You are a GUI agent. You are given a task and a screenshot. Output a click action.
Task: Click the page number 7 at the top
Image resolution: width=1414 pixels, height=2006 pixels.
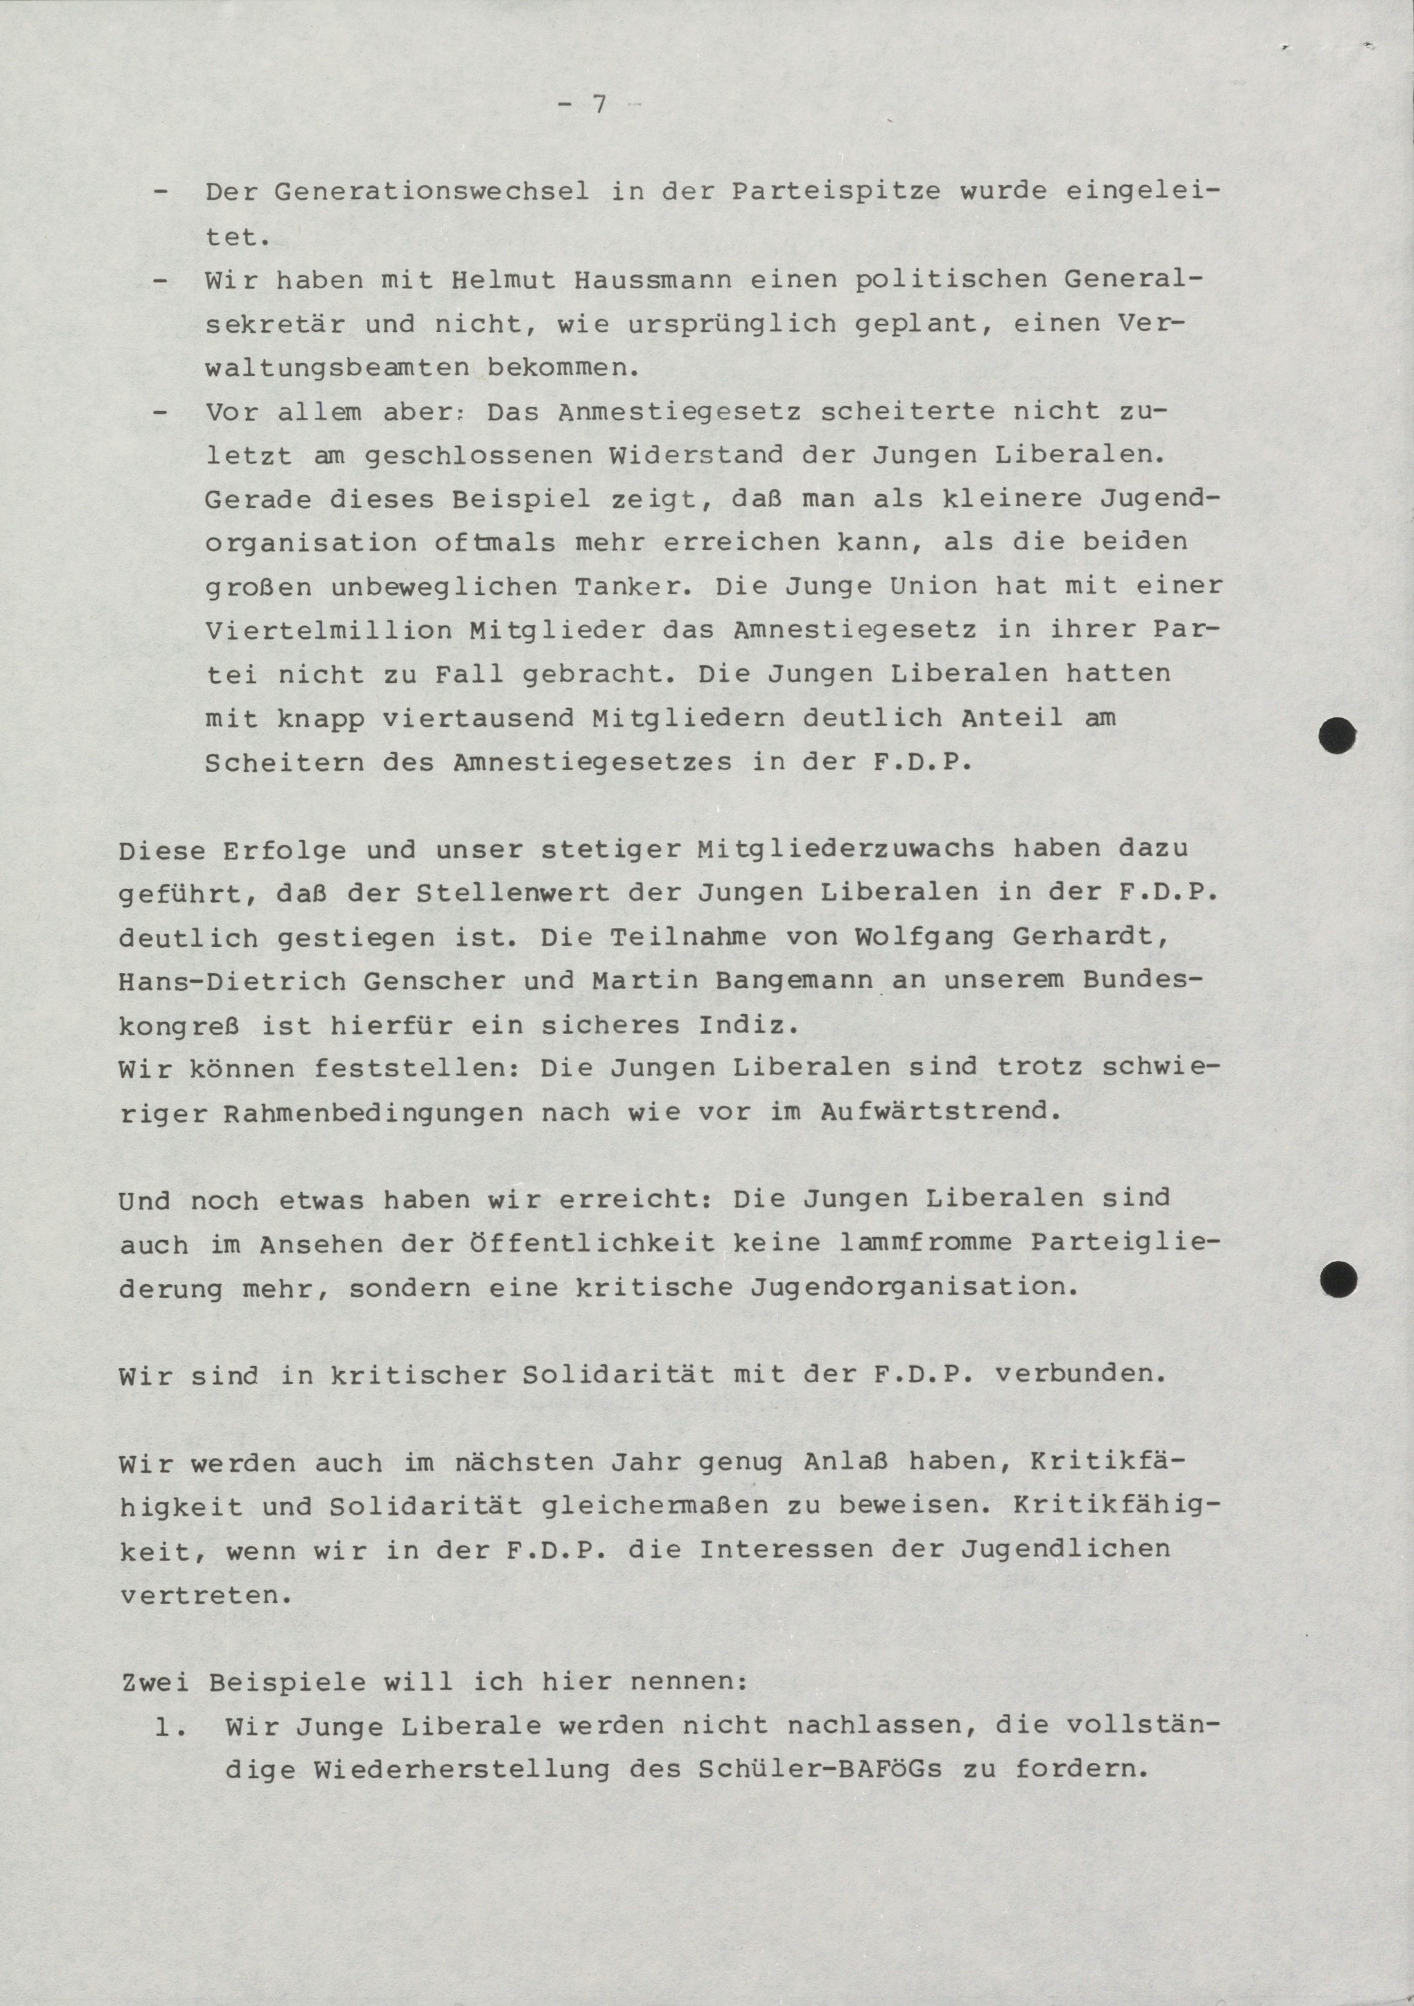599,104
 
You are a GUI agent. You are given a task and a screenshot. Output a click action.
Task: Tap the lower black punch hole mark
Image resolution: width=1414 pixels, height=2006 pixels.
1338,1280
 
